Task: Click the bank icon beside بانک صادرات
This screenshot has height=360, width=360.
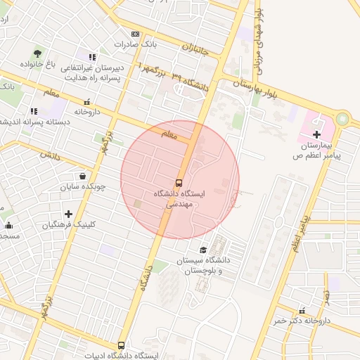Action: coord(135,34)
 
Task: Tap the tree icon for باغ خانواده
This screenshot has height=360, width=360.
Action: coord(37,53)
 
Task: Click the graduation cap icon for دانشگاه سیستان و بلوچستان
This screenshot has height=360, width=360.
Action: coord(203,250)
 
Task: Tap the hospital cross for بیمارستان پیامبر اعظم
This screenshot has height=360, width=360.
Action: coord(316,134)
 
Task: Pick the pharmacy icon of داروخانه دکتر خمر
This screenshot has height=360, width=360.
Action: coord(302,310)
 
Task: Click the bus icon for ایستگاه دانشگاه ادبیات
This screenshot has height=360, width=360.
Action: coord(122,345)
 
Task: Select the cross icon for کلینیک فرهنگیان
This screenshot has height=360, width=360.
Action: coord(68,214)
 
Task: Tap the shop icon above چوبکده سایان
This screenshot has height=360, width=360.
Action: coord(84,176)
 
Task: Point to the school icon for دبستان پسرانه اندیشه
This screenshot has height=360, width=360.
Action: coord(33,111)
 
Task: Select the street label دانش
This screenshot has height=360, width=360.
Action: coord(48,153)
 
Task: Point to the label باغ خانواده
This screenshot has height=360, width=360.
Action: coord(41,65)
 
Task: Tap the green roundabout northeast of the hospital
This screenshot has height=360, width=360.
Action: coord(342,119)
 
